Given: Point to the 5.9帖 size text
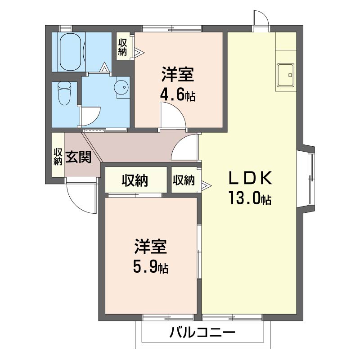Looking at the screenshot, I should [x=150, y=268].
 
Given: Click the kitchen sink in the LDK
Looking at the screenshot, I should [x=285, y=74].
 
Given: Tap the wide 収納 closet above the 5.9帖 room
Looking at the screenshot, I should [x=135, y=180].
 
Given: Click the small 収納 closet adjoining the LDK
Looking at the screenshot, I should [x=183, y=180].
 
